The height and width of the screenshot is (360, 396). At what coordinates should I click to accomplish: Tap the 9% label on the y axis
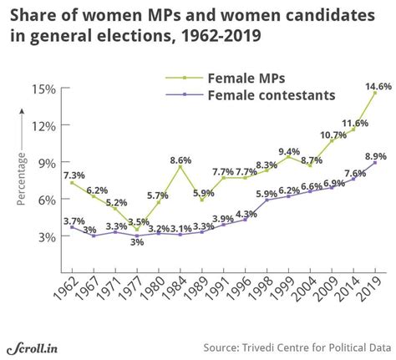(x=47, y=162)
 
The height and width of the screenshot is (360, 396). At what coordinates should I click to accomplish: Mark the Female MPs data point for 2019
(x=375, y=94)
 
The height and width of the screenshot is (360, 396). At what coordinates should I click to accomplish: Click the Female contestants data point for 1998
(x=266, y=200)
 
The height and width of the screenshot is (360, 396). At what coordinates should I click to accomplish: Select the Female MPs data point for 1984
(x=179, y=166)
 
